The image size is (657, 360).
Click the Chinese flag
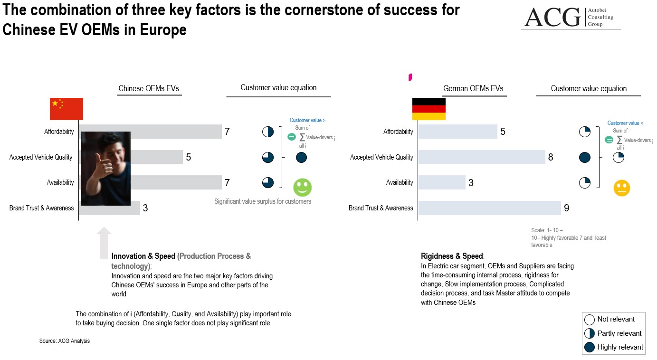pos(67,109)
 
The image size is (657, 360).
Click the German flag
pos(428,109)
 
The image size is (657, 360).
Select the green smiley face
pos(302,188)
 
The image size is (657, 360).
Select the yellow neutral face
pos(621,188)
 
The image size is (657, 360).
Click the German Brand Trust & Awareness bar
pos(489,208)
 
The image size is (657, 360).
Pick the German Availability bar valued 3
pos(442,182)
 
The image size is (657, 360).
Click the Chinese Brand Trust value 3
pos(145,208)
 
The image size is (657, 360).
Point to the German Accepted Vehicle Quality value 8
pos(551,157)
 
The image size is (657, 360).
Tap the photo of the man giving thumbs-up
pos(106,169)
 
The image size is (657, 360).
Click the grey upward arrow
pos(104,243)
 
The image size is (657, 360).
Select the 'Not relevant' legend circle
pos(590,320)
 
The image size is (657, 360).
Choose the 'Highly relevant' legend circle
pos(590,347)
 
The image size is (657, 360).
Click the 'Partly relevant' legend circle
pos(590,333)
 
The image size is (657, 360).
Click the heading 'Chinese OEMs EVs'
pos(149,88)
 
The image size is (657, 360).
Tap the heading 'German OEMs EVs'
pos(473,88)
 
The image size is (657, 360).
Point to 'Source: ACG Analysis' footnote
pos(65,341)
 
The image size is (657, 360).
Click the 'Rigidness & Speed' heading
pos(451,256)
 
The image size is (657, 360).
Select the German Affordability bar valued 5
pos(457,132)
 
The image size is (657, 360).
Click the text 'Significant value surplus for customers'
pos(263,201)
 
